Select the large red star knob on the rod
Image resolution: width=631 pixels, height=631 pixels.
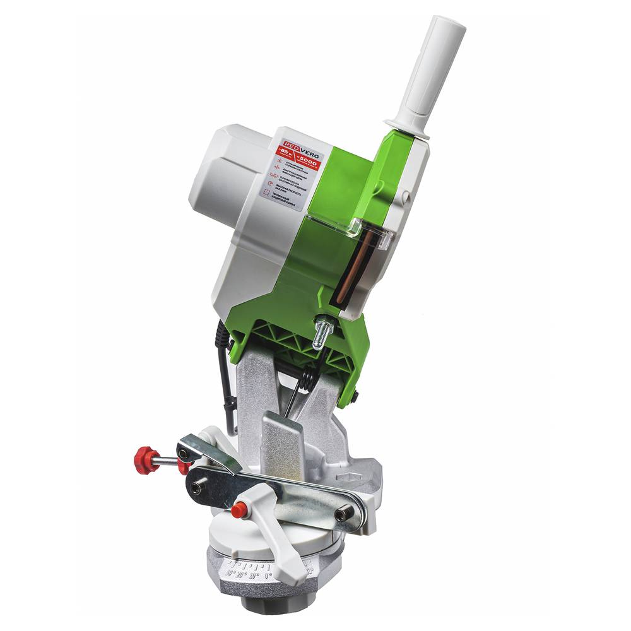tap(146, 459)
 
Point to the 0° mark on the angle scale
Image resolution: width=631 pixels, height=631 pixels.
tap(268, 575)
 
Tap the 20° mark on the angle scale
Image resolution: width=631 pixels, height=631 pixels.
tap(239, 574)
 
